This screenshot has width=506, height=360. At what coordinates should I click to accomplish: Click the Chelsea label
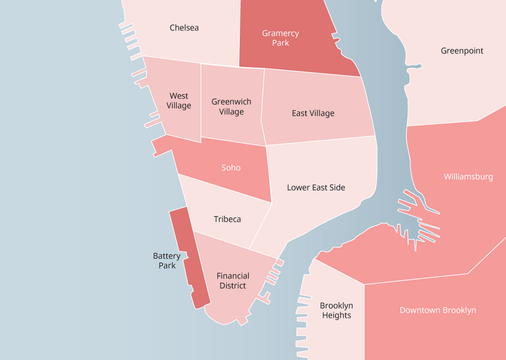[x=184, y=28]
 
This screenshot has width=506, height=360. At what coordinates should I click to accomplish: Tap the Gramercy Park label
[x=280, y=38]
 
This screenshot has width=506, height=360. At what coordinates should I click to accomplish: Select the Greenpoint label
[x=462, y=51]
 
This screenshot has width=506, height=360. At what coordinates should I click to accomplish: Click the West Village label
[x=179, y=101]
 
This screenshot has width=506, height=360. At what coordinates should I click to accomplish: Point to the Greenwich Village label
[x=231, y=107]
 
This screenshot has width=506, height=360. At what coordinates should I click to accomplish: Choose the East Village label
[x=313, y=113]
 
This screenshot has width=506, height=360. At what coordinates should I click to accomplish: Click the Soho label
[x=231, y=168]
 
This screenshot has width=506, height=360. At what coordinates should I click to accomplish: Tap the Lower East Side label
[x=316, y=188]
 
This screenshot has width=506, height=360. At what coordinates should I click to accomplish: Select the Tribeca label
[x=227, y=220]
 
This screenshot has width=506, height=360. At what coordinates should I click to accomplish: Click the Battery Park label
[x=167, y=260]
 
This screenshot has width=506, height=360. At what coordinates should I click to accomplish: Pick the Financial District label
[x=233, y=281]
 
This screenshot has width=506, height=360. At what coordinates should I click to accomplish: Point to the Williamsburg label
[x=468, y=177]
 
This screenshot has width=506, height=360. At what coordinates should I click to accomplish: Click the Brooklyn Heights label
[x=336, y=311]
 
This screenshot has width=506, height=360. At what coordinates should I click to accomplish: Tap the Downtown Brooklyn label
[x=438, y=310]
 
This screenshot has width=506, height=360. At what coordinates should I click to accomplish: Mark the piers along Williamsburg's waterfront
[x=420, y=219]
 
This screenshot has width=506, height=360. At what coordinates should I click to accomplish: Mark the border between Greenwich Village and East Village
[x=263, y=108]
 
